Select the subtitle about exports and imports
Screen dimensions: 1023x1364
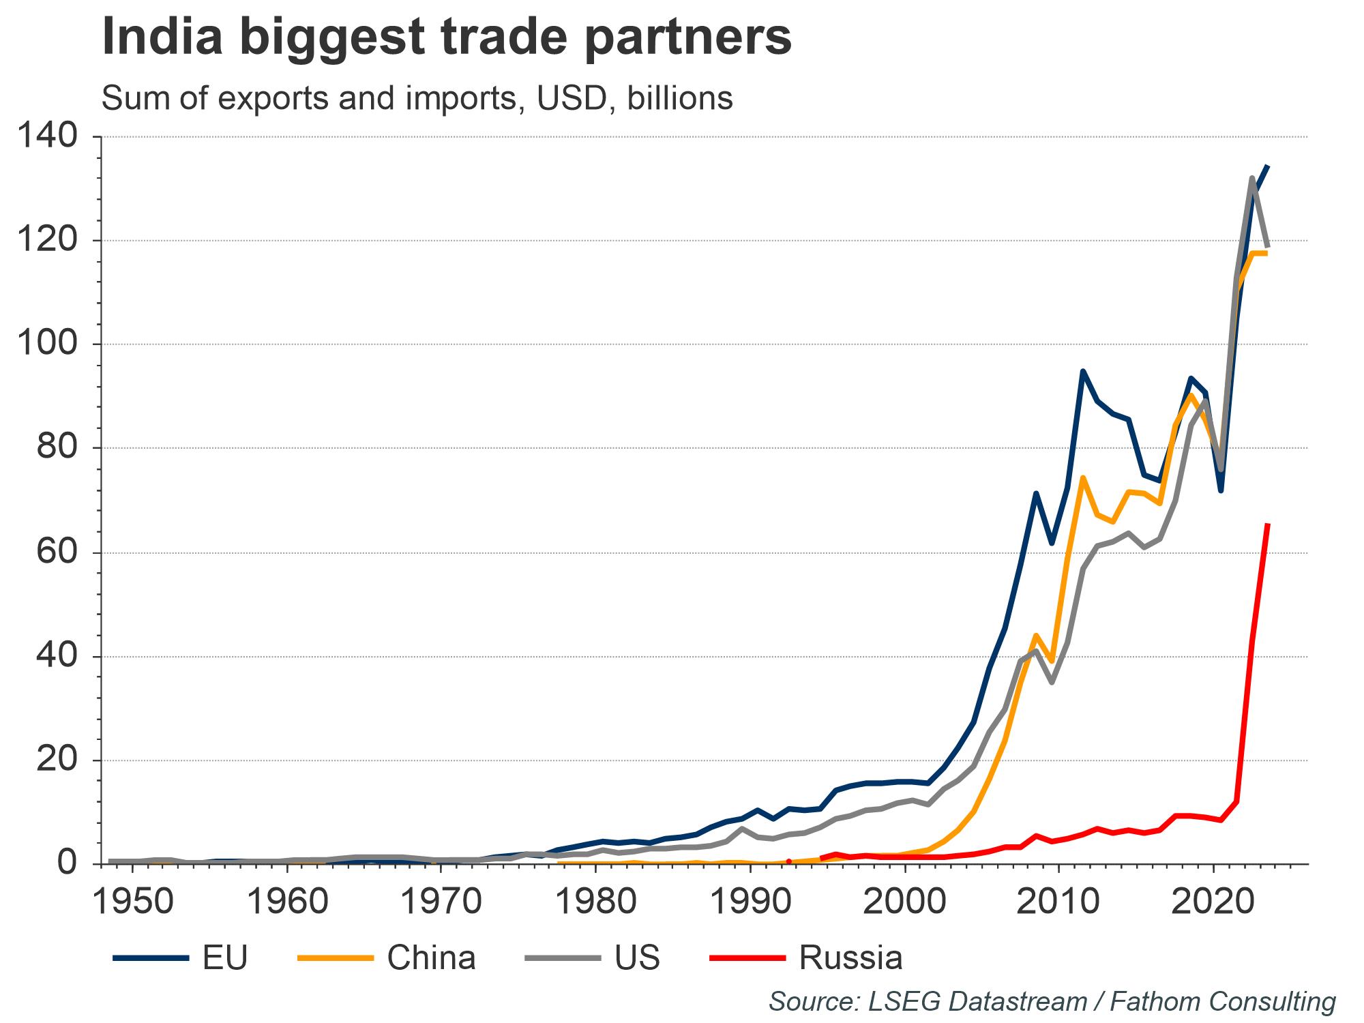tap(417, 99)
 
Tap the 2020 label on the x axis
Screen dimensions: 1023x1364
tap(1214, 902)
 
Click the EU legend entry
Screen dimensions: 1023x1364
tap(181, 958)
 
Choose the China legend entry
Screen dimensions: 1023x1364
tap(387, 958)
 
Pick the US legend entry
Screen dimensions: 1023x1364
tap(593, 958)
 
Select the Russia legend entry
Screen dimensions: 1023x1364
tap(807, 958)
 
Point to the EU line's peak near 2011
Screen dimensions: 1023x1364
tap(1082, 371)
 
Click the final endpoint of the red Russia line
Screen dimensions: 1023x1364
tap(1267, 524)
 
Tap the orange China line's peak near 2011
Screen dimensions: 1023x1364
tap(1082, 477)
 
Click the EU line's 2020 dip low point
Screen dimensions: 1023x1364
tap(1221, 491)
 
